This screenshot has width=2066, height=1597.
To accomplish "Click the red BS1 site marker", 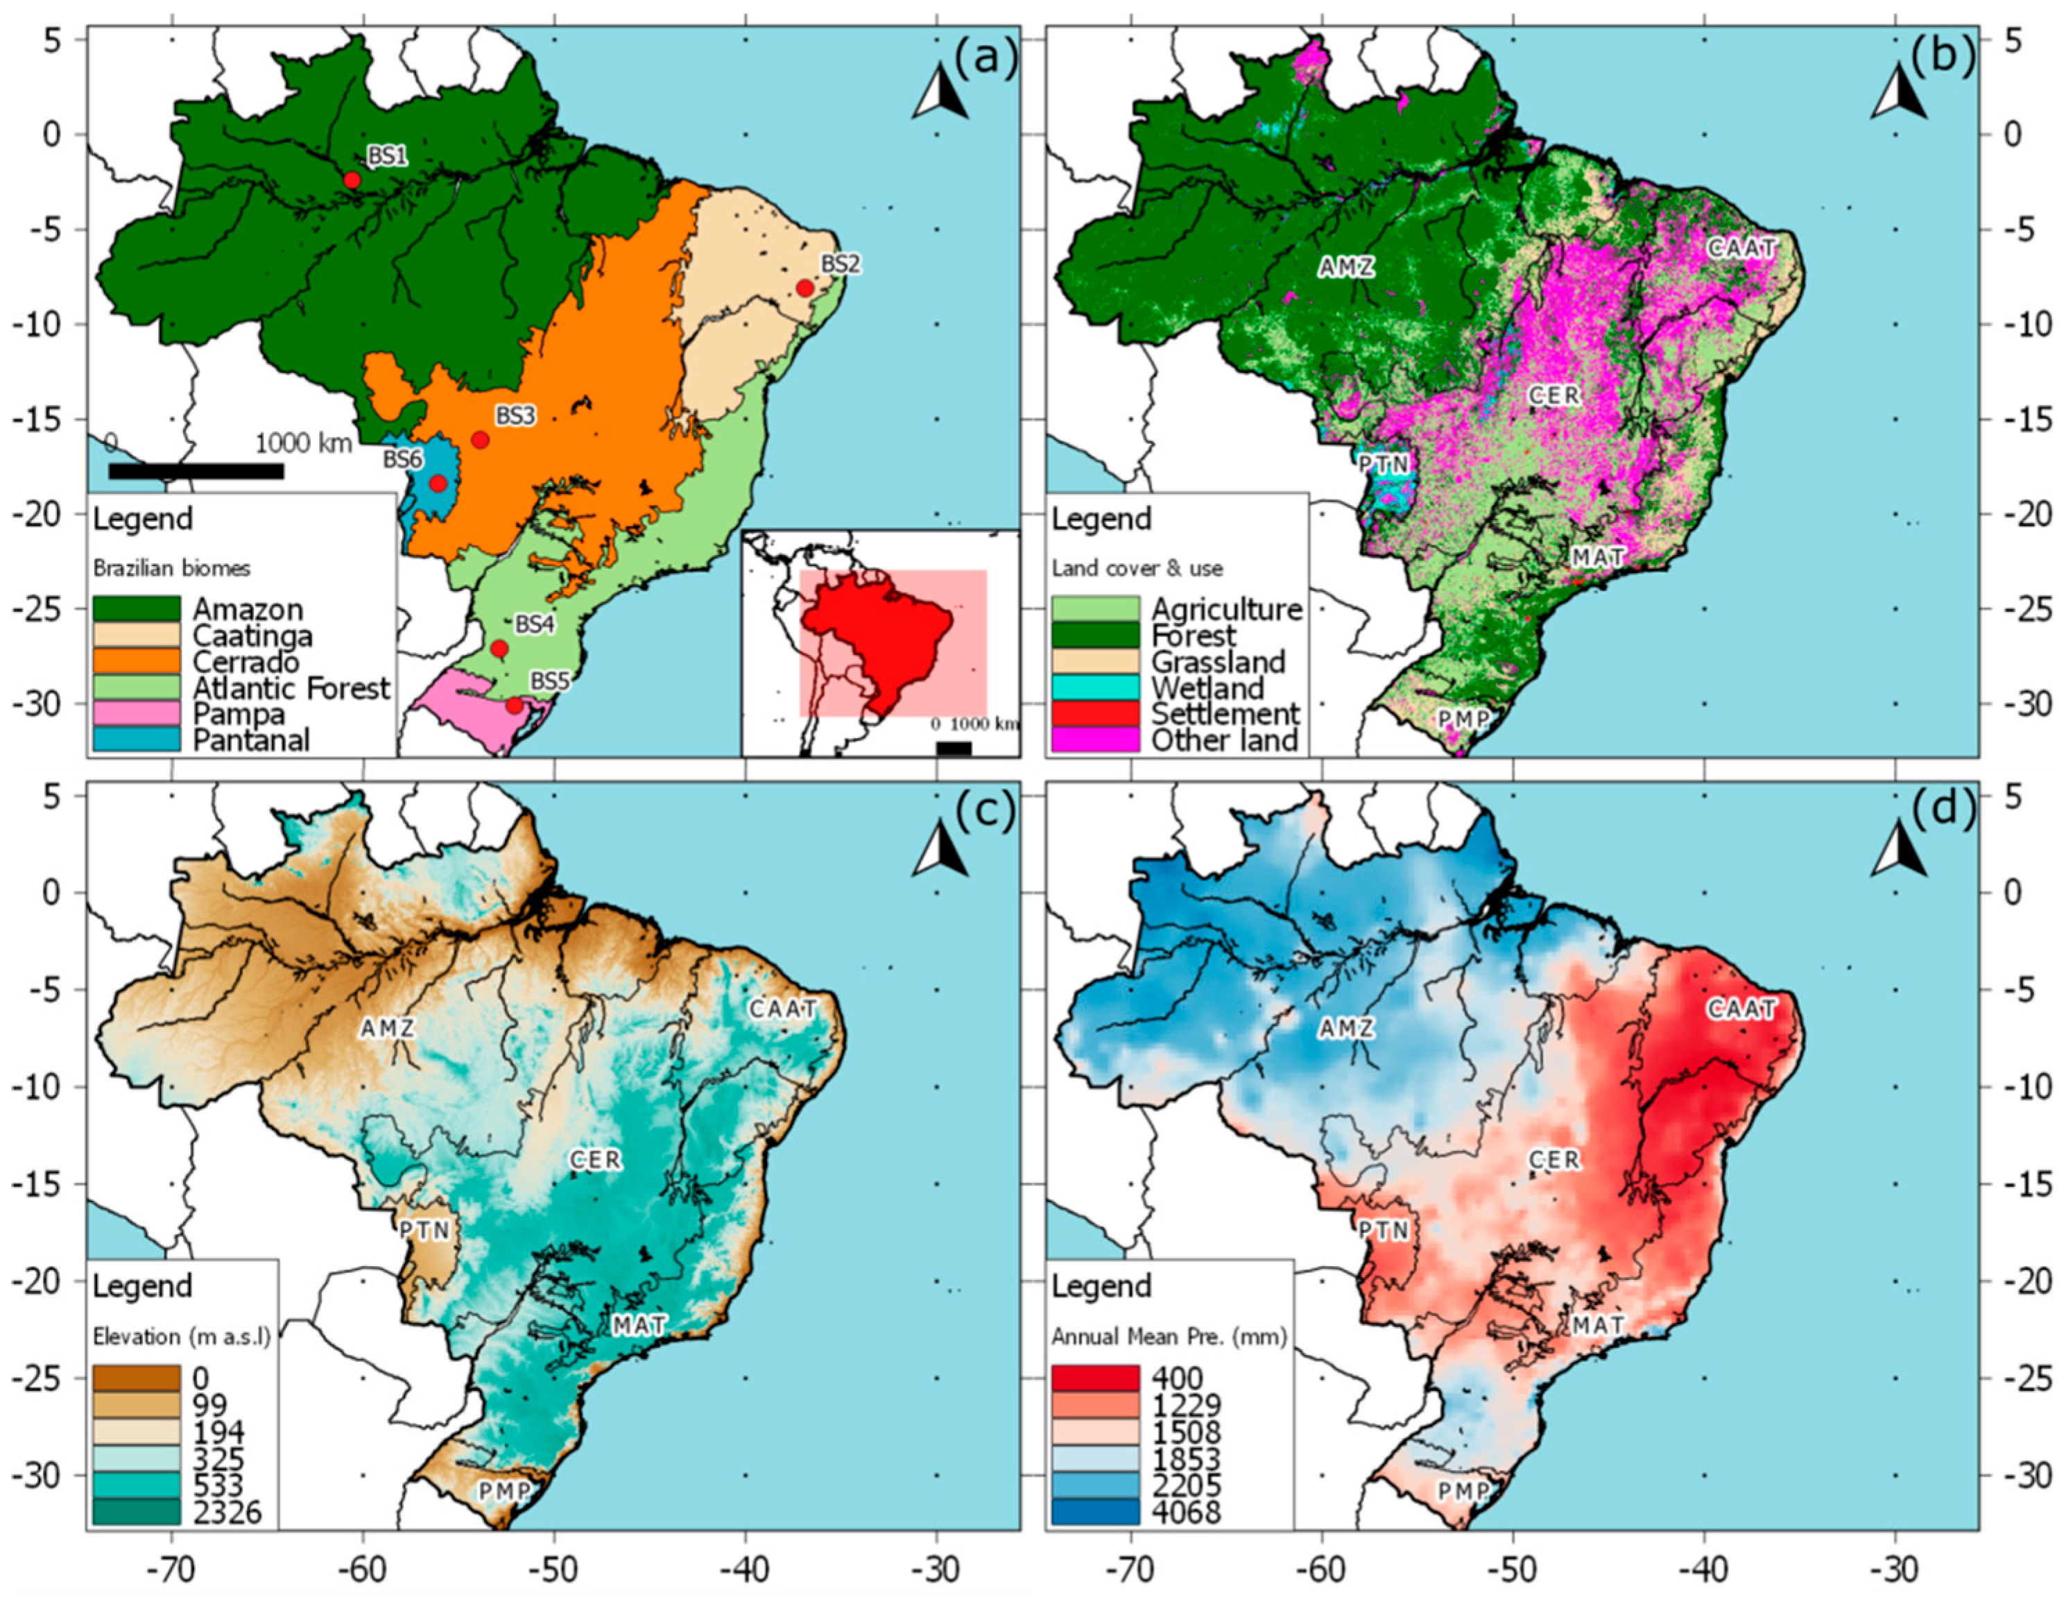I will click(352, 180).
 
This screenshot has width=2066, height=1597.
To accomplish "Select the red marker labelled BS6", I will click(438, 484).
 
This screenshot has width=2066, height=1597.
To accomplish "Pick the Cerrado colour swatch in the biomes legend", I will click(136, 661).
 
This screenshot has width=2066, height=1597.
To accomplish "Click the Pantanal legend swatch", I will click(136, 740).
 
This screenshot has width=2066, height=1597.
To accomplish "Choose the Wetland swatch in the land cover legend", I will click(1096, 688).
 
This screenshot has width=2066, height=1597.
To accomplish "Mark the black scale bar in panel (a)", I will click(196, 471).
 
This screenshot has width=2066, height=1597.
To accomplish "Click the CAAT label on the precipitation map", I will click(1741, 1010).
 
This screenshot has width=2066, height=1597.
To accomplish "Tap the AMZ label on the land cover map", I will click(1346, 268).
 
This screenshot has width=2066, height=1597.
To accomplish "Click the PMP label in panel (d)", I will click(1463, 1492).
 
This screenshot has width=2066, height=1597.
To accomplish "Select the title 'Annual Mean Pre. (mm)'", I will click(1169, 1337).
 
